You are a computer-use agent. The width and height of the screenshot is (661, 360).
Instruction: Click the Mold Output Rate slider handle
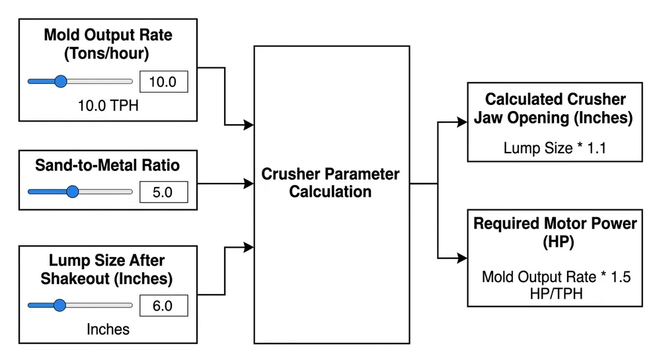tap(60, 82)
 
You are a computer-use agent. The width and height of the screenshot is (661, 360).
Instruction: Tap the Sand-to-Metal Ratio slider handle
tap(72, 192)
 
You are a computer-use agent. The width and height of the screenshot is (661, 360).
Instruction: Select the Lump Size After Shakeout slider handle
tap(59, 306)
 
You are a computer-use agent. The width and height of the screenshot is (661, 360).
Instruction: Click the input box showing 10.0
tap(163, 82)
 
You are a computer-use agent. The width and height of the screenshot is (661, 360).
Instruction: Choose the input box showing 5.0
tap(163, 192)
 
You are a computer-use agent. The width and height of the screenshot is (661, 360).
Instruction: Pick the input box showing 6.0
tap(163, 306)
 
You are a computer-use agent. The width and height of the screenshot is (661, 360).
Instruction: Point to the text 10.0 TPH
tap(108, 106)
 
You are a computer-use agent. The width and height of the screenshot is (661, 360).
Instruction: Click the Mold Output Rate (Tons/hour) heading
tap(108, 44)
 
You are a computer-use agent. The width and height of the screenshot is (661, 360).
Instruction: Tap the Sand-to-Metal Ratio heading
tap(108, 165)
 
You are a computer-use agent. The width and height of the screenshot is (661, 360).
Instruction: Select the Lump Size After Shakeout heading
tap(108, 270)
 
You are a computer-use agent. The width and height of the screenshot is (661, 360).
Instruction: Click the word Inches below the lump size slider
tap(108, 328)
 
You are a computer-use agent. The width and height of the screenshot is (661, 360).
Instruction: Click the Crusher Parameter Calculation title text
tap(330, 183)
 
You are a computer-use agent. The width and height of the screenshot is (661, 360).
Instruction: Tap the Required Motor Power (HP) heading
tap(555, 233)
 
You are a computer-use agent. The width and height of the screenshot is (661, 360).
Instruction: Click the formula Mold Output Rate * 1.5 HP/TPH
tap(555, 285)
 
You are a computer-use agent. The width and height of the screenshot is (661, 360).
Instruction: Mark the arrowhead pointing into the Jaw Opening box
tap(462, 122)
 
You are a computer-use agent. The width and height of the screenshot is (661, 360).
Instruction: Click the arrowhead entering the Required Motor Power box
tap(462, 258)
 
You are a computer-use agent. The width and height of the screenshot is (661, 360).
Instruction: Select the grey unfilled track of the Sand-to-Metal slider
tap(106, 192)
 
